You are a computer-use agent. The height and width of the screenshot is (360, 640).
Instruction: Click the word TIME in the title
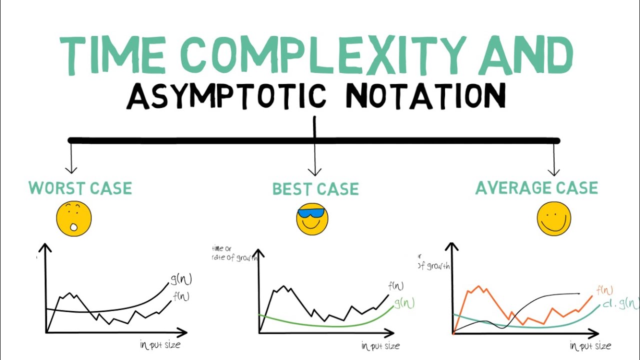click(x=112, y=55)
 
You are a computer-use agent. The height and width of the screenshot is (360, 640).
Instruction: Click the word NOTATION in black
click(x=425, y=96)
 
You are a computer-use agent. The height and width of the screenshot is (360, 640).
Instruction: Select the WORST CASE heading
click(x=80, y=188)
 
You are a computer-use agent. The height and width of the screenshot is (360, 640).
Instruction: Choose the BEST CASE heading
click(x=315, y=189)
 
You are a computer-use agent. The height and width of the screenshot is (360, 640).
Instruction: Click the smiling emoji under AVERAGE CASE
click(x=553, y=219)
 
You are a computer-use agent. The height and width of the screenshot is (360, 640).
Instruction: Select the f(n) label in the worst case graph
click(x=180, y=296)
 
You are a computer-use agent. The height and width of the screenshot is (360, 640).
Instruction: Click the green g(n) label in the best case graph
click(x=404, y=303)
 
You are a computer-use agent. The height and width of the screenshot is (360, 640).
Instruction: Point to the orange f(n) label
click(x=604, y=290)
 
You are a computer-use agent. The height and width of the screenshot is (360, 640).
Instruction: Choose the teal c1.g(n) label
click(x=620, y=303)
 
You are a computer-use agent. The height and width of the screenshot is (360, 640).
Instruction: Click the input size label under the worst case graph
click(x=160, y=344)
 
